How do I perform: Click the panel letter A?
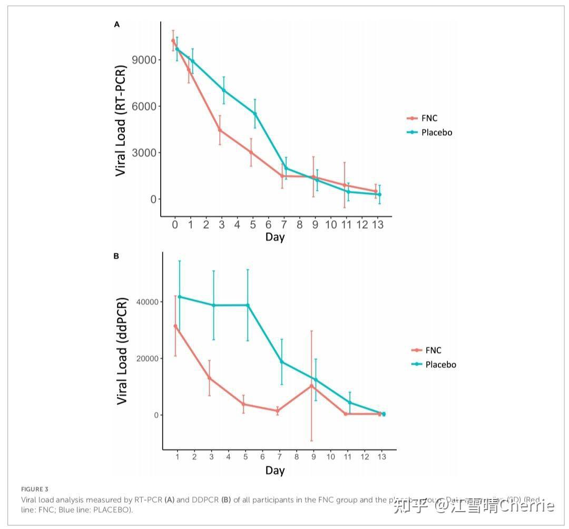pos(117,24)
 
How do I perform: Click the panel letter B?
pos(116,256)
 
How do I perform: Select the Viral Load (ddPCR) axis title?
pos(122,351)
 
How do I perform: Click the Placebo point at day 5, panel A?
pos(255,113)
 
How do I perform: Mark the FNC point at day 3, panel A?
pos(220,130)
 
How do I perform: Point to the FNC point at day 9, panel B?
pos(311,386)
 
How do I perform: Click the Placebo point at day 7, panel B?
pos(282,361)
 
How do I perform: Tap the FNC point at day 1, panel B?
pos(175,326)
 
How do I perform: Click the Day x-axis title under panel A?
pos(275,237)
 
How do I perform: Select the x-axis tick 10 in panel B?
pos(330,457)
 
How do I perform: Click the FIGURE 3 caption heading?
pos(34,489)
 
